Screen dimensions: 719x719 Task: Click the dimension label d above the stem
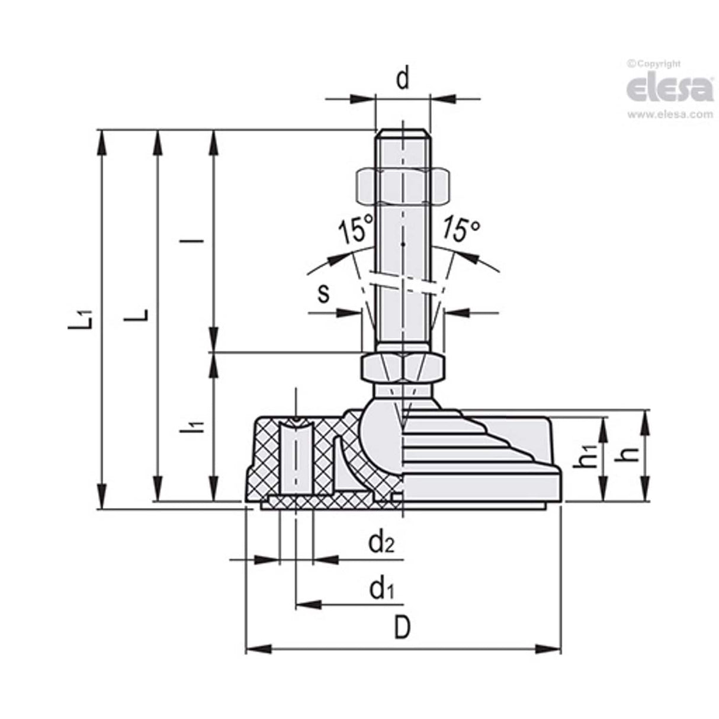pos(403,79)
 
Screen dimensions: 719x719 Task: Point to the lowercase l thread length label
pos(200,241)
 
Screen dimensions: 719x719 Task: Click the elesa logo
pos(669,89)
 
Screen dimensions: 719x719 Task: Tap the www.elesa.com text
pos(670,114)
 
